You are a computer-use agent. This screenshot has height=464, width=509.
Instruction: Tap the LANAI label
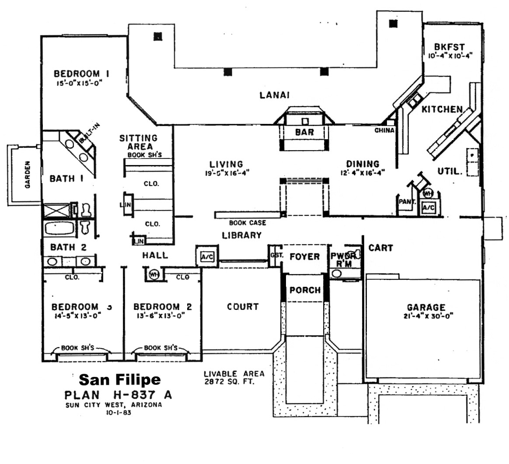pos(275,95)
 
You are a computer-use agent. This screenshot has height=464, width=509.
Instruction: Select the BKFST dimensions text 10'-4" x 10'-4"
pos(450,56)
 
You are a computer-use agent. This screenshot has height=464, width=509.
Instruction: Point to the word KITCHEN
pos(442,109)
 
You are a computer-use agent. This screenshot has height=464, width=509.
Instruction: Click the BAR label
pos(304,132)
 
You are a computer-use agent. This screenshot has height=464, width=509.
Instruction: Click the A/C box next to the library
pos(206,257)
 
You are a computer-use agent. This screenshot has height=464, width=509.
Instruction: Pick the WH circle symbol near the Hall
pos(153,274)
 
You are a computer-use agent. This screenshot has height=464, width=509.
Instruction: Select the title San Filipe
pos(119,379)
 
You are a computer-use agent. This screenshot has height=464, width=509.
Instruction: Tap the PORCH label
pos(305,290)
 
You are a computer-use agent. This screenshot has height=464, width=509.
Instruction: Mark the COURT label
pos(243,307)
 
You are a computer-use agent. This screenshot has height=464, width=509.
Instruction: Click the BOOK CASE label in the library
pos(247,223)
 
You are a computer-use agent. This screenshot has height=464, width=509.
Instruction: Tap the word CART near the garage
pos(380,248)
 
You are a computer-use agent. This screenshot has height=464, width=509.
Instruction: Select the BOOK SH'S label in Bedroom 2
pos(160,348)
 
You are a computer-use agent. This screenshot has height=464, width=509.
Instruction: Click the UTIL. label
pos(450,172)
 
